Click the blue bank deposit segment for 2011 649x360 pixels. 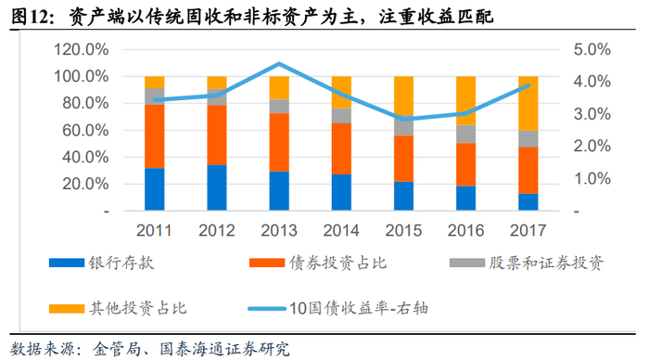pyautogui.click(x=155, y=189)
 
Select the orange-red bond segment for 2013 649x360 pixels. pyautogui.click(x=279, y=142)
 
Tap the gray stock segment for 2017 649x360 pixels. pyautogui.click(x=528, y=139)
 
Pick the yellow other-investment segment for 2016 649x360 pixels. pyautogui.click(x=465, y=100)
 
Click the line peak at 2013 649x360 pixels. pyautogui.click(x=279, y=64)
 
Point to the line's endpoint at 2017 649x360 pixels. pyautogui.click(x=528, y=85)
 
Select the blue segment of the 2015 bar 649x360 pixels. pyautogui.click(x=403, y=196)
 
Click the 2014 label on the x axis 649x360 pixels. pyautogui.click(x=341, y=230)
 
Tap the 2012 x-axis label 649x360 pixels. pyautogui.click(x=216, y=230)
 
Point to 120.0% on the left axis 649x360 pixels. pyautogui.click(x=82, y=50)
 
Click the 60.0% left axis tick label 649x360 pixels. pyautogui.click(x=85, y=131)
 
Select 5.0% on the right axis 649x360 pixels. pyautogui.click(x=592, y=50)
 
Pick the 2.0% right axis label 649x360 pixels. pyautogui.click(x=592, y=147)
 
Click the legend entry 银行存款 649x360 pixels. pyautogui.click(x=101, y=263)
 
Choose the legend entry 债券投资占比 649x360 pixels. pyautogui.click(x=318, y=263)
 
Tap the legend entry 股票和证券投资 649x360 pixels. pyautogui.click(x=527, y=263)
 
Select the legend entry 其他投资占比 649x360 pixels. pyautogui.click(x=118, y=308)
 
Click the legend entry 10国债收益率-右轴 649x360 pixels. pyautogui.click(x=338, y=308)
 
